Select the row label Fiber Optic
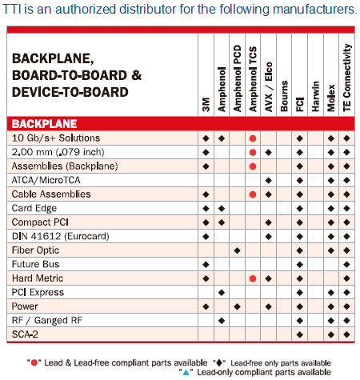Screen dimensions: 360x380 pos(34,250)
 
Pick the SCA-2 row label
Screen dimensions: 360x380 pos(25,334)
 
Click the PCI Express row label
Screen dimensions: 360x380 pos(38,292)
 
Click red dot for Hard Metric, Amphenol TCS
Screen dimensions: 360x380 pos(253,278)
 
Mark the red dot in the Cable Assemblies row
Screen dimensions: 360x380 pos(253,194)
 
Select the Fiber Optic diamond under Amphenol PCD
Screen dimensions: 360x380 pos(237,250)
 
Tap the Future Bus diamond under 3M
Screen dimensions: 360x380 pos(206,264)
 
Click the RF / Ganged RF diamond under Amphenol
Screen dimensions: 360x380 pos(222,320)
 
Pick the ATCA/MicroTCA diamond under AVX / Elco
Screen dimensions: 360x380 pos(268,180)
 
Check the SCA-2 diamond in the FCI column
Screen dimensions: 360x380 pos(299,334)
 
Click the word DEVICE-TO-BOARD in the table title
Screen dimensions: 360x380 pos(70,92)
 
